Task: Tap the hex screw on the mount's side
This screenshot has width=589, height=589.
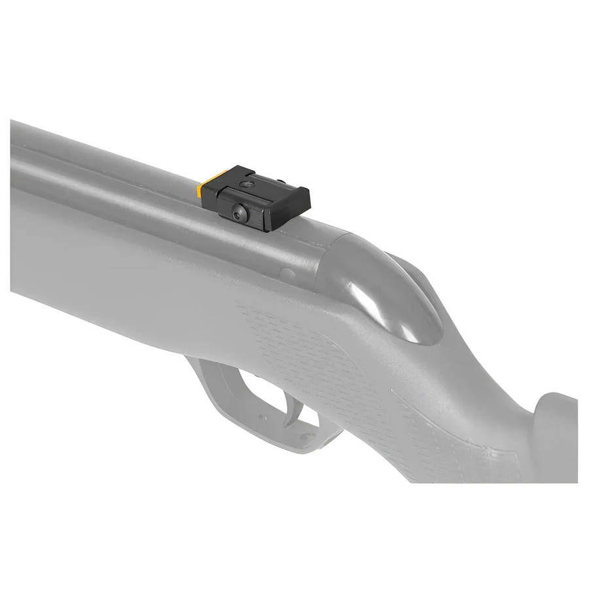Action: coord(237,211)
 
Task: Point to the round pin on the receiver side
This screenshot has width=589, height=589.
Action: coord(286,274)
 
